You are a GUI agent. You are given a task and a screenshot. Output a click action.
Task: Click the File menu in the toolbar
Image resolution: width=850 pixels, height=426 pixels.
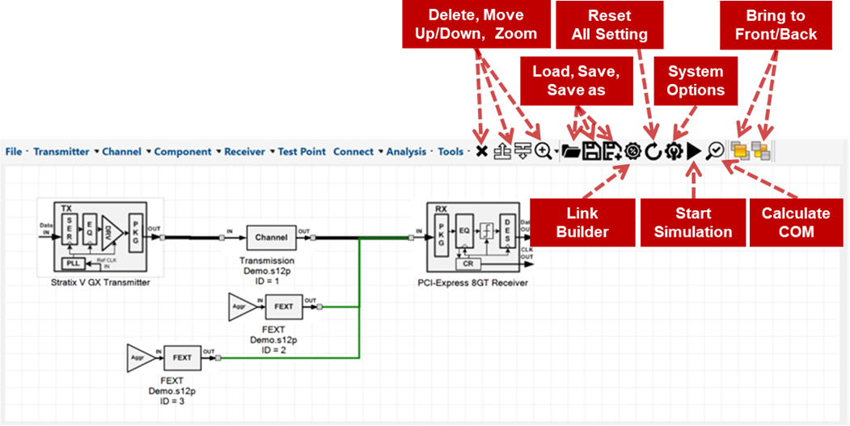13,151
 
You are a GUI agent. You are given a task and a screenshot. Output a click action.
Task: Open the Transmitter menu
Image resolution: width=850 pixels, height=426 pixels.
61,151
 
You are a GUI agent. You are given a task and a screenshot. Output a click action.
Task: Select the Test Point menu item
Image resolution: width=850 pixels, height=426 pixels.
302,151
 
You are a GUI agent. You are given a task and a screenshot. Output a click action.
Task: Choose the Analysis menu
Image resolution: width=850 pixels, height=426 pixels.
406,151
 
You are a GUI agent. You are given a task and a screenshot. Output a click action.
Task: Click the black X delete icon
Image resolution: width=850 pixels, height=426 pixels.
481,151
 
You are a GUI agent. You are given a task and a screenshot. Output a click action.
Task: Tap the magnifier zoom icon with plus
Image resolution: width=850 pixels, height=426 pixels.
543,151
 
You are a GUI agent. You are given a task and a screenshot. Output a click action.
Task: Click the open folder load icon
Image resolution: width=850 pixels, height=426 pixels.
571,151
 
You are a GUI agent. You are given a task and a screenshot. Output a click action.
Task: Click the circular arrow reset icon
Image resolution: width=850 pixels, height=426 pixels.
653,151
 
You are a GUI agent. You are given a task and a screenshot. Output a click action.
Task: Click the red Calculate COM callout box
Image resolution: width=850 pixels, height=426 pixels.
796,222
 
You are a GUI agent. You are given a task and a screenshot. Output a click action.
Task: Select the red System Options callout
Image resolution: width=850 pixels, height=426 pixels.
696,80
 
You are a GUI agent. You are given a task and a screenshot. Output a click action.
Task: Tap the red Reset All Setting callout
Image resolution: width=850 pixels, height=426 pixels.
609,24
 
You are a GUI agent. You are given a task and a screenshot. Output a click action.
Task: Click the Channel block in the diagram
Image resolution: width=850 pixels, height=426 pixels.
271,238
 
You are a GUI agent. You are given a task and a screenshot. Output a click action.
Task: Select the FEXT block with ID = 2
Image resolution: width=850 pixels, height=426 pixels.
283,307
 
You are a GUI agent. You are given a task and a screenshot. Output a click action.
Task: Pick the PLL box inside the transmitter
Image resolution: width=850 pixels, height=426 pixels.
73,264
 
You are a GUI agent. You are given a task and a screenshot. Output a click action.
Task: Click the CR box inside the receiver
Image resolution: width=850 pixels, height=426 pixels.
467,264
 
